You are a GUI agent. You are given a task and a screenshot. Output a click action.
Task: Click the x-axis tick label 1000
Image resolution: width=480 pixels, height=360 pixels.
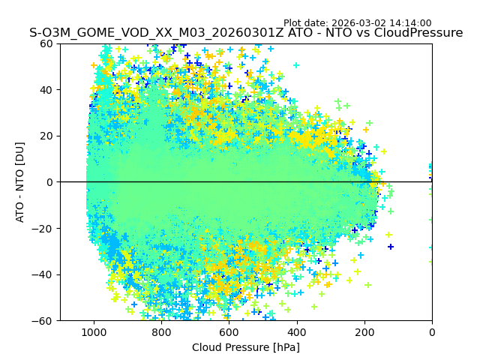tap(94, 331)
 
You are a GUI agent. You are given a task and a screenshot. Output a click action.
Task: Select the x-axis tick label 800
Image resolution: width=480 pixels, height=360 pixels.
tap(161, 331)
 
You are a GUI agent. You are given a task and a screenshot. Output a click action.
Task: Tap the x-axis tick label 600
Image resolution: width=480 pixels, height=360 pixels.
tap(229, 331)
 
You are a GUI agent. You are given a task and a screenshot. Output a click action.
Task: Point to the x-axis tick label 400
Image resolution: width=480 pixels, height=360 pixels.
tap(297, 331)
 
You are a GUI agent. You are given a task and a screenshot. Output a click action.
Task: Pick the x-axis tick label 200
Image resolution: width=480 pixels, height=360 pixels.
tap(364, 331)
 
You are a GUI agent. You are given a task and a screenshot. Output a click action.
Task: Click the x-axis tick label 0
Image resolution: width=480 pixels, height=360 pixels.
tap(432, 331)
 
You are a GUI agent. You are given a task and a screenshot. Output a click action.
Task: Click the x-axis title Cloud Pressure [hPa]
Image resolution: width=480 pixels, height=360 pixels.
tap(246, 347)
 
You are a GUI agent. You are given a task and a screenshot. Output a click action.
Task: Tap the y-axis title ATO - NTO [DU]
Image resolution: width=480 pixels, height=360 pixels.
tap(21, 182)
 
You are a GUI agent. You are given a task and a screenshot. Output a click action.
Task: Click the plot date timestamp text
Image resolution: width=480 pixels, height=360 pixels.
tap(357, 23)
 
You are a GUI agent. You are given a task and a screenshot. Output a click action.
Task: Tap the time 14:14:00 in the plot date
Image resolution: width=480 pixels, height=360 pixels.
tap(411, 23)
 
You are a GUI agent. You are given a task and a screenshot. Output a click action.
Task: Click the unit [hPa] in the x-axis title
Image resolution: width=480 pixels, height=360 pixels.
tap(286, 347)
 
